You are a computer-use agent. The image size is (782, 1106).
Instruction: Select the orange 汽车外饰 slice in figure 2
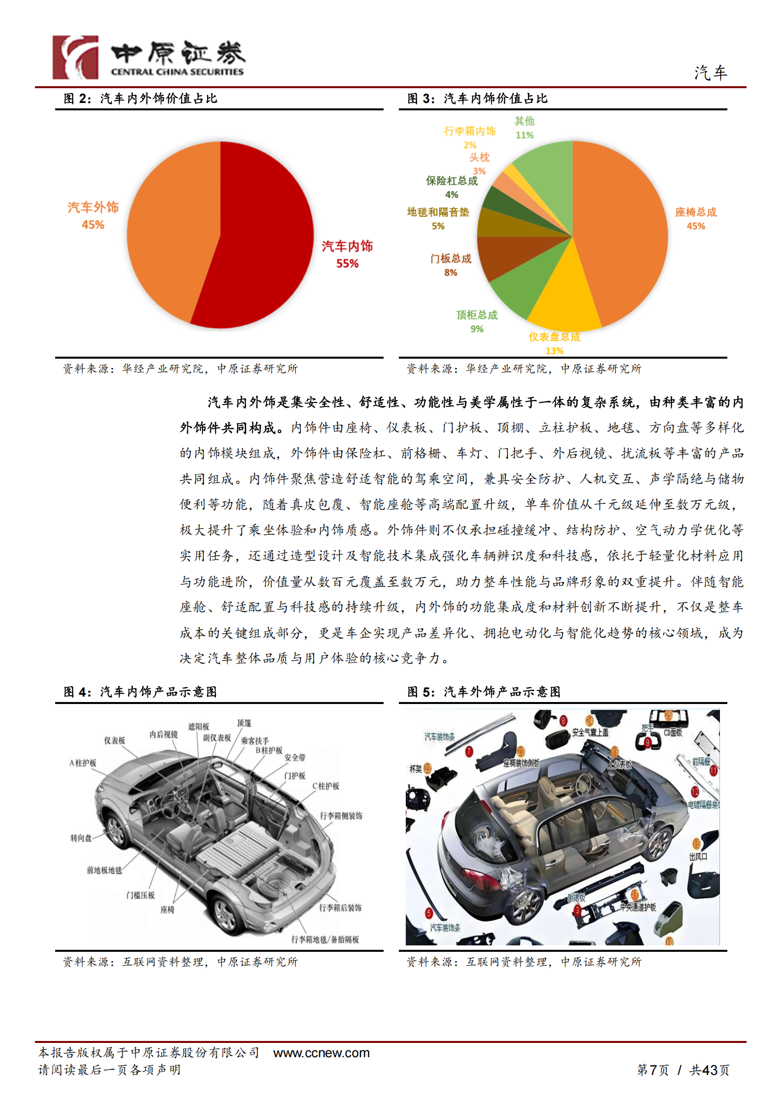[x=172, y=232]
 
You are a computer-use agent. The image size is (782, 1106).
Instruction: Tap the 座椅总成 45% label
[x=695, y=218]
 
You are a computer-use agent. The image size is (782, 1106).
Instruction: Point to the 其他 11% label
[x=524, y=128]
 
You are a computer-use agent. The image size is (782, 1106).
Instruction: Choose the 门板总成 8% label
[x=451, y=265]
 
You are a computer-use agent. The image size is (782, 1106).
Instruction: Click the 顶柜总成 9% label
[x=477, y=321]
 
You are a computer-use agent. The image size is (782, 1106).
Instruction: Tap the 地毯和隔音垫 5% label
[x=438, y=218]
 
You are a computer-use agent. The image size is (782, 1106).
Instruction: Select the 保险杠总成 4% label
[x=452, y=187]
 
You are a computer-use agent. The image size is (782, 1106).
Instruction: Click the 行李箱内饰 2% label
[x=470, y=137]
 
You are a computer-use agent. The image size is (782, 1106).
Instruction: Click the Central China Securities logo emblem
[x=75, y=57]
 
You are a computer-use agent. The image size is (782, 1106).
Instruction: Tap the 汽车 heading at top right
[x=711, y=73]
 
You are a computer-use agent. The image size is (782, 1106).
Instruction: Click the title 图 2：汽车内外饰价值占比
[x=140, y=99]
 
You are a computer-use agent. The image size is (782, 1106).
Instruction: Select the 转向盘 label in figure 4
[x=81, y=838]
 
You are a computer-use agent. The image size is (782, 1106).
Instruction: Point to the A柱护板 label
[x=83, y=763]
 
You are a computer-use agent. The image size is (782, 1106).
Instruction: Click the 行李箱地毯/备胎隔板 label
[x=325, y=939]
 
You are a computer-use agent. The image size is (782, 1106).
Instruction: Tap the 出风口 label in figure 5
[x=698, y=857]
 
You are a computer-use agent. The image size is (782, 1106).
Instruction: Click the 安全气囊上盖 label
[x=590, y=733]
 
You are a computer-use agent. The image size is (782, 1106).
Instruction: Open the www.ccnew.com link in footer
[x=321, y=1053]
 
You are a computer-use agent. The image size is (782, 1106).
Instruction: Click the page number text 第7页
[x=652, y=1070]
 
